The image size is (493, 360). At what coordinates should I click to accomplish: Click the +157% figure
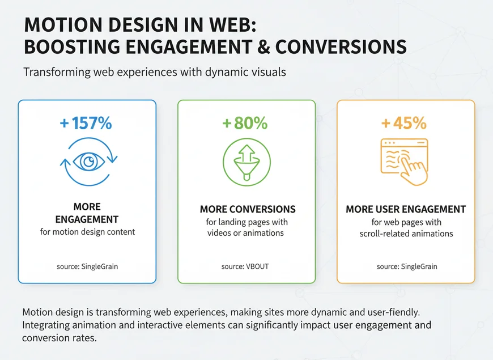pos(87,124)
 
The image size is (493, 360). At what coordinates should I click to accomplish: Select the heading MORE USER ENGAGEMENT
pos(406,210)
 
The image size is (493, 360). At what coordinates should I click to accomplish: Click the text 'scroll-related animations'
pos(406,234)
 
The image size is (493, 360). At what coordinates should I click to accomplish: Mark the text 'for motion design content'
pos(87,232)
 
